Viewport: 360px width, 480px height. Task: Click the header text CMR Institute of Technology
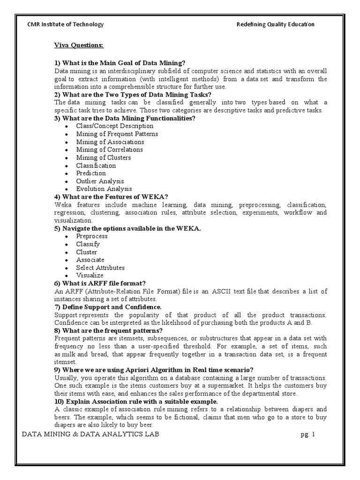click(x=66, y=25)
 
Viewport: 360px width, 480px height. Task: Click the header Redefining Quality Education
click(x=275, y=25)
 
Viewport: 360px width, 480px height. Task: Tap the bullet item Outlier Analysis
click(x=100, y=181)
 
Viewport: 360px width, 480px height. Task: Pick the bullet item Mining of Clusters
click(x=104, y=157)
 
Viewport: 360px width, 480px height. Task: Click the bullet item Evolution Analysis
click(x=104, y=189)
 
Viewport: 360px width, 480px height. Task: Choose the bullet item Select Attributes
click(x=100, y=268)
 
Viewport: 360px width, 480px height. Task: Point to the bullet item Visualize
click(x=90, y=276)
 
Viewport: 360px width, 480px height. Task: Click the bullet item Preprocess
click(x=92, y=236)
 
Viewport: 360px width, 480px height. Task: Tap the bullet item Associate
click(x=90, y=260)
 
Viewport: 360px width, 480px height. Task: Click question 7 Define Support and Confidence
click(x=108, y=307)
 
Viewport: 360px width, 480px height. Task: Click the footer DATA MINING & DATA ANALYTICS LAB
click(x=91, y=435)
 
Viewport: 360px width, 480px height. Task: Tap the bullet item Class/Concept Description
click(x=115, y=126)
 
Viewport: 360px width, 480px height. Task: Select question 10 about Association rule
click(x=136, y=402)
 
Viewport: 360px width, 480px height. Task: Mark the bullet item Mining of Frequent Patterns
click(x=117, y=134)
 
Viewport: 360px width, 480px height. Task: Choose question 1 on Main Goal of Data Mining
click(x=120, y=63)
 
